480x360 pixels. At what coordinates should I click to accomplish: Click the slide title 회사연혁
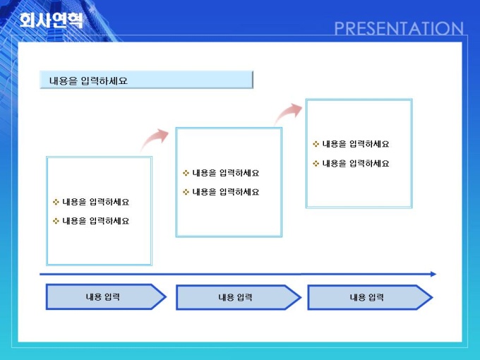pos(51,20)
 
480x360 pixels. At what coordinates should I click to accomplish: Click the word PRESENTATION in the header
pos(399,28)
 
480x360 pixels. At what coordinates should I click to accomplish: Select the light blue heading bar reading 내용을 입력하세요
pos(146,80)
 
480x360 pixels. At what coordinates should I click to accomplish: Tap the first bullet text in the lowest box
pos(95,202)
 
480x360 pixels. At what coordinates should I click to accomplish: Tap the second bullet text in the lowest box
pos(95,221)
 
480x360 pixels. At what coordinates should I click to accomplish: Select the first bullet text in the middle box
pos(226,173)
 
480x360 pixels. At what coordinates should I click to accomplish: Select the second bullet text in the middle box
pos(226,192)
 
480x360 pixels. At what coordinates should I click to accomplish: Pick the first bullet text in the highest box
pos(356,144)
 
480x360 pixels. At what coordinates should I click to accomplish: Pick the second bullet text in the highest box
pos(356,164)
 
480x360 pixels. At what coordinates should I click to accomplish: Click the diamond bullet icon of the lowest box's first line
pos(56,202)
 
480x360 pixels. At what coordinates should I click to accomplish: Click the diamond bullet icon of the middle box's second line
pos(186,192)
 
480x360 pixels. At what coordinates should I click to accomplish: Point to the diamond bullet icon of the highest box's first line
pos(316,144)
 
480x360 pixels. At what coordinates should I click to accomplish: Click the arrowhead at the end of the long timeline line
pos(433,274)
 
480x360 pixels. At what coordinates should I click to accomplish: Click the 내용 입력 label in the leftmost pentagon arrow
pos(102,296)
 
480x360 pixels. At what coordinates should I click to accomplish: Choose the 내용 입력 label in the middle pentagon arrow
pos(235,297)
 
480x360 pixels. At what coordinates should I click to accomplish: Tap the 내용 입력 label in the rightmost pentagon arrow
pos(367,297)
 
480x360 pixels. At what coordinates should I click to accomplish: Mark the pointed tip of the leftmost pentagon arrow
pos(166,296)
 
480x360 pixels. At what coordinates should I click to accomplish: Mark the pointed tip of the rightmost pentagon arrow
pos(432,297)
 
